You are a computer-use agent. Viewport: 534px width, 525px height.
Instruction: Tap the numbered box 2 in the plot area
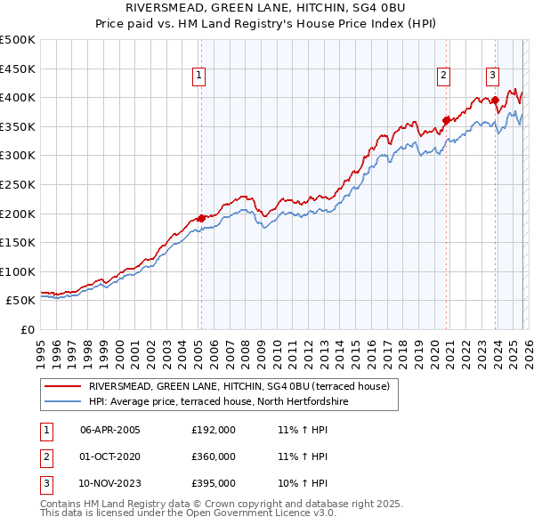tap(443, 77)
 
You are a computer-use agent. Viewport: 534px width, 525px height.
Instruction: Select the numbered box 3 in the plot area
tap(492, 77)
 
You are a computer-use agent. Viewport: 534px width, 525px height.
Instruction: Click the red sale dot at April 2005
tap(201, 218)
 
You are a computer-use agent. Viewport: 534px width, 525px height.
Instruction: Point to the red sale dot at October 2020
tap(447, 120)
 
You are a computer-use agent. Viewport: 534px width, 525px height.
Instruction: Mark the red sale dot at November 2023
tap(495, 100)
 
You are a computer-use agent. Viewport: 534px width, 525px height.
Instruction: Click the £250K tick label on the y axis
tap(18, 184)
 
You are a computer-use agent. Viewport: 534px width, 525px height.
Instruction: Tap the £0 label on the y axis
tap(27, 329)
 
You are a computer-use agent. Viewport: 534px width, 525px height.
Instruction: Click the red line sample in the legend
tap(62, 387)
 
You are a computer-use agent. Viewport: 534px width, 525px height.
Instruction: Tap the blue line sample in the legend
tap(62, 402)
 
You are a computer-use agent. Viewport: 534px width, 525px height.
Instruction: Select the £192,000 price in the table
tap(213, 430)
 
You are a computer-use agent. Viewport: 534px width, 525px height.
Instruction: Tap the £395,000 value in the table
tap(213, 483)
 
